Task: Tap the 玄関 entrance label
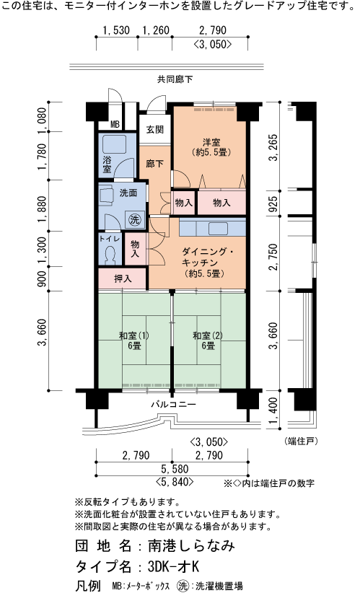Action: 154,130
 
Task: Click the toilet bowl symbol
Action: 110,255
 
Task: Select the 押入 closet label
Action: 123,278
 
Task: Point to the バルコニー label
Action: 173,405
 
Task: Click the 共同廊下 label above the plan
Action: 173,79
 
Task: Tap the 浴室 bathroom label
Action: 107,164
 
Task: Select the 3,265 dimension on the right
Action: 273,149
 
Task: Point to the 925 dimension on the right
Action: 273,205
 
